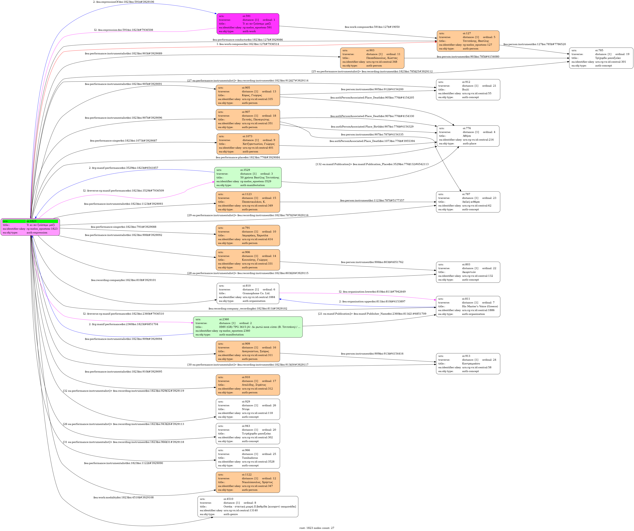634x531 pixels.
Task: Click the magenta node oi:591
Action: [248, 24]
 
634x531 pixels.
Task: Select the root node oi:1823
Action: [30, 227]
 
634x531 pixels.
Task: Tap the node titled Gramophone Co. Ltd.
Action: [248, 293]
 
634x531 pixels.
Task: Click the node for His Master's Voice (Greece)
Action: [468, 306]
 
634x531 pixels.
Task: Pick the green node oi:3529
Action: [248, 177]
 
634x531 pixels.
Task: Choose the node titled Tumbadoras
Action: [248, 458]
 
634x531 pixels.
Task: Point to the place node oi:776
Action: [468, 136]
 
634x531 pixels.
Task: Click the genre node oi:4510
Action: [248, 506]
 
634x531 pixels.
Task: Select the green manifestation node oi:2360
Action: [248, 327]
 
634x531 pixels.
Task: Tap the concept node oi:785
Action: [601, 58]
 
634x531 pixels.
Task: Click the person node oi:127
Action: [468, 41]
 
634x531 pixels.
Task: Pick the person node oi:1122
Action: [248, 482]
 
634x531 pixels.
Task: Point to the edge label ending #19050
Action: [372, 27]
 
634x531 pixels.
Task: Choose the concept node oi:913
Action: [468, 363]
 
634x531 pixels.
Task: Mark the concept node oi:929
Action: [248, 409]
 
